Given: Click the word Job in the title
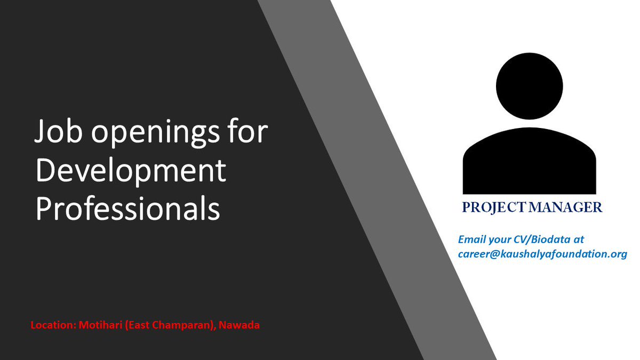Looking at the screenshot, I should coord(58,132).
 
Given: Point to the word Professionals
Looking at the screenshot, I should coord(128,210).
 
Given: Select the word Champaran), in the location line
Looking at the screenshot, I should coord(183,325).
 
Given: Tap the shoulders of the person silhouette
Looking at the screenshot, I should coord(529,165).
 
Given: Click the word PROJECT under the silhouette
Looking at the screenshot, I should coord(494,207).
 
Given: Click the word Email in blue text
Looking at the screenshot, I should coord(471,239).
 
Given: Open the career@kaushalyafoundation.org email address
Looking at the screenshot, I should coord(542,254).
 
